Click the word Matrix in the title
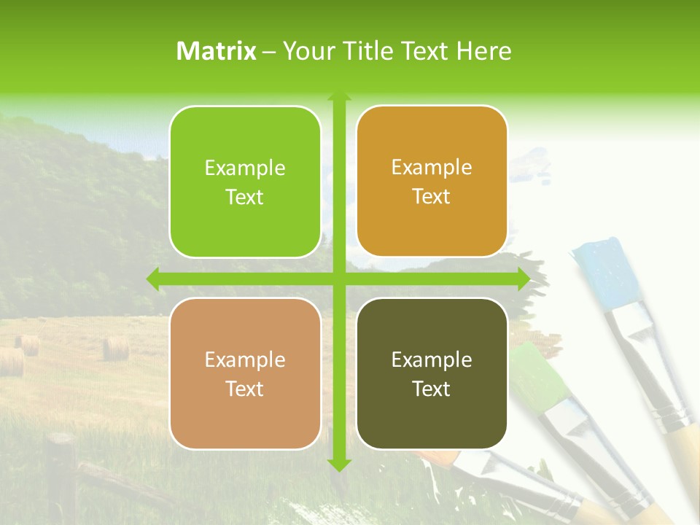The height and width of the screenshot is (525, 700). point(217,51)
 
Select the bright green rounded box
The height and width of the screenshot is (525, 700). point(245,182)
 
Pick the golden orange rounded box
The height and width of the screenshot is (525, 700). point(432,182)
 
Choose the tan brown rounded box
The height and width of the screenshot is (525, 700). point(245,373)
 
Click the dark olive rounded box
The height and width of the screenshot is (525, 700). point(432,373)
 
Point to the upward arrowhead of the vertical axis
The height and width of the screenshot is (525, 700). point(339,96)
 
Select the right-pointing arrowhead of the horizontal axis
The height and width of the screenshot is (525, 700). point(523,279)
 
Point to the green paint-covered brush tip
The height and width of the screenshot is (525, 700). point(538,376)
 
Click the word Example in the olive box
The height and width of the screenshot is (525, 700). point(432,359)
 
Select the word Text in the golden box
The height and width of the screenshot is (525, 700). point(432,197)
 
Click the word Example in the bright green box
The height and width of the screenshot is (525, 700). point(245,168)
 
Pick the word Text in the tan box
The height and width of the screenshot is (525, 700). point(245,389)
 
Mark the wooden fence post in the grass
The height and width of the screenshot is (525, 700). point(61,474)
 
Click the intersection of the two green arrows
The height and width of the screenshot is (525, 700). point(339,279)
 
